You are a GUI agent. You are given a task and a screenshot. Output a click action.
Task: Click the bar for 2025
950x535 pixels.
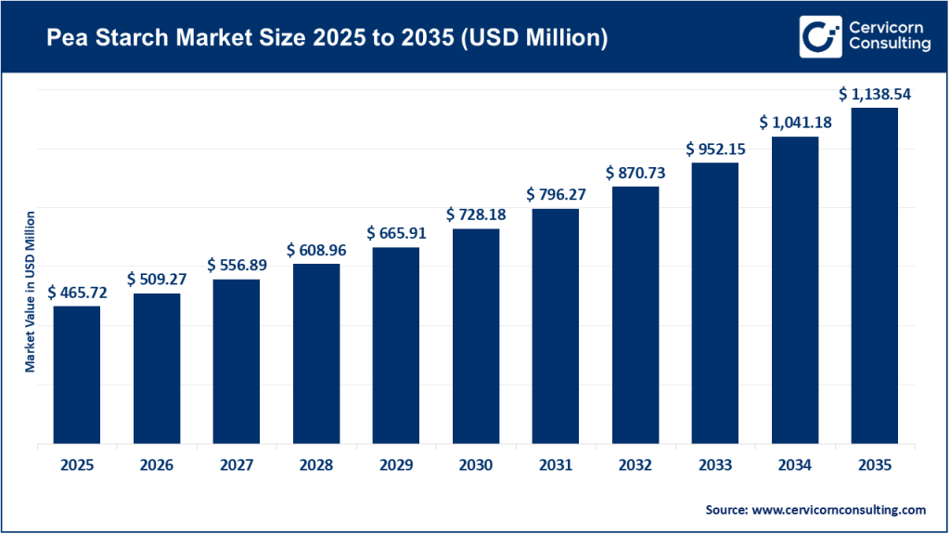click(77, 374)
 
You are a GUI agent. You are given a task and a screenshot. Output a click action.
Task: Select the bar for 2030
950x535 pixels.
click(476, 335)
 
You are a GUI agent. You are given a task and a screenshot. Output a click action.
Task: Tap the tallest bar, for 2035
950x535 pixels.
click(874, 275)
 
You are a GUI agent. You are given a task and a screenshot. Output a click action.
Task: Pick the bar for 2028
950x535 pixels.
click(316, 353)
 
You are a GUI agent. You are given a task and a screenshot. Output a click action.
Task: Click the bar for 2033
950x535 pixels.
click(714, 303)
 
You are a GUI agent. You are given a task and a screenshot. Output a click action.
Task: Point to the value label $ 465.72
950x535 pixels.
click(77, 292)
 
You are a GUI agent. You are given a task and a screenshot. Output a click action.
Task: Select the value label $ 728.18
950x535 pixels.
click(476, 215)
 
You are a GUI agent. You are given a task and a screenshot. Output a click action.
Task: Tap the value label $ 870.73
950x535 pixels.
click(635, 173)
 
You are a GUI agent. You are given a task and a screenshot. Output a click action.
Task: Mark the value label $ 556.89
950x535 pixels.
click(237, 265)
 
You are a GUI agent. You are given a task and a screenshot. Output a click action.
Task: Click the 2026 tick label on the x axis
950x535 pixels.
click(157, 465)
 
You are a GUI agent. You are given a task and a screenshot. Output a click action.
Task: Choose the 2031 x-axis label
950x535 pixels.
click(556, 465)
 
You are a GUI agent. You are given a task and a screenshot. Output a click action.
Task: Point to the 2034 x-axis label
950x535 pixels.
click(794, 465)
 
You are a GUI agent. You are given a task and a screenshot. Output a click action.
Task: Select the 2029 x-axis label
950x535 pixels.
click(396, 465)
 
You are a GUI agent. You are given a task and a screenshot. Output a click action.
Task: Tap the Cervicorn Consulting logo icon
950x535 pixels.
click(819, 36)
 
